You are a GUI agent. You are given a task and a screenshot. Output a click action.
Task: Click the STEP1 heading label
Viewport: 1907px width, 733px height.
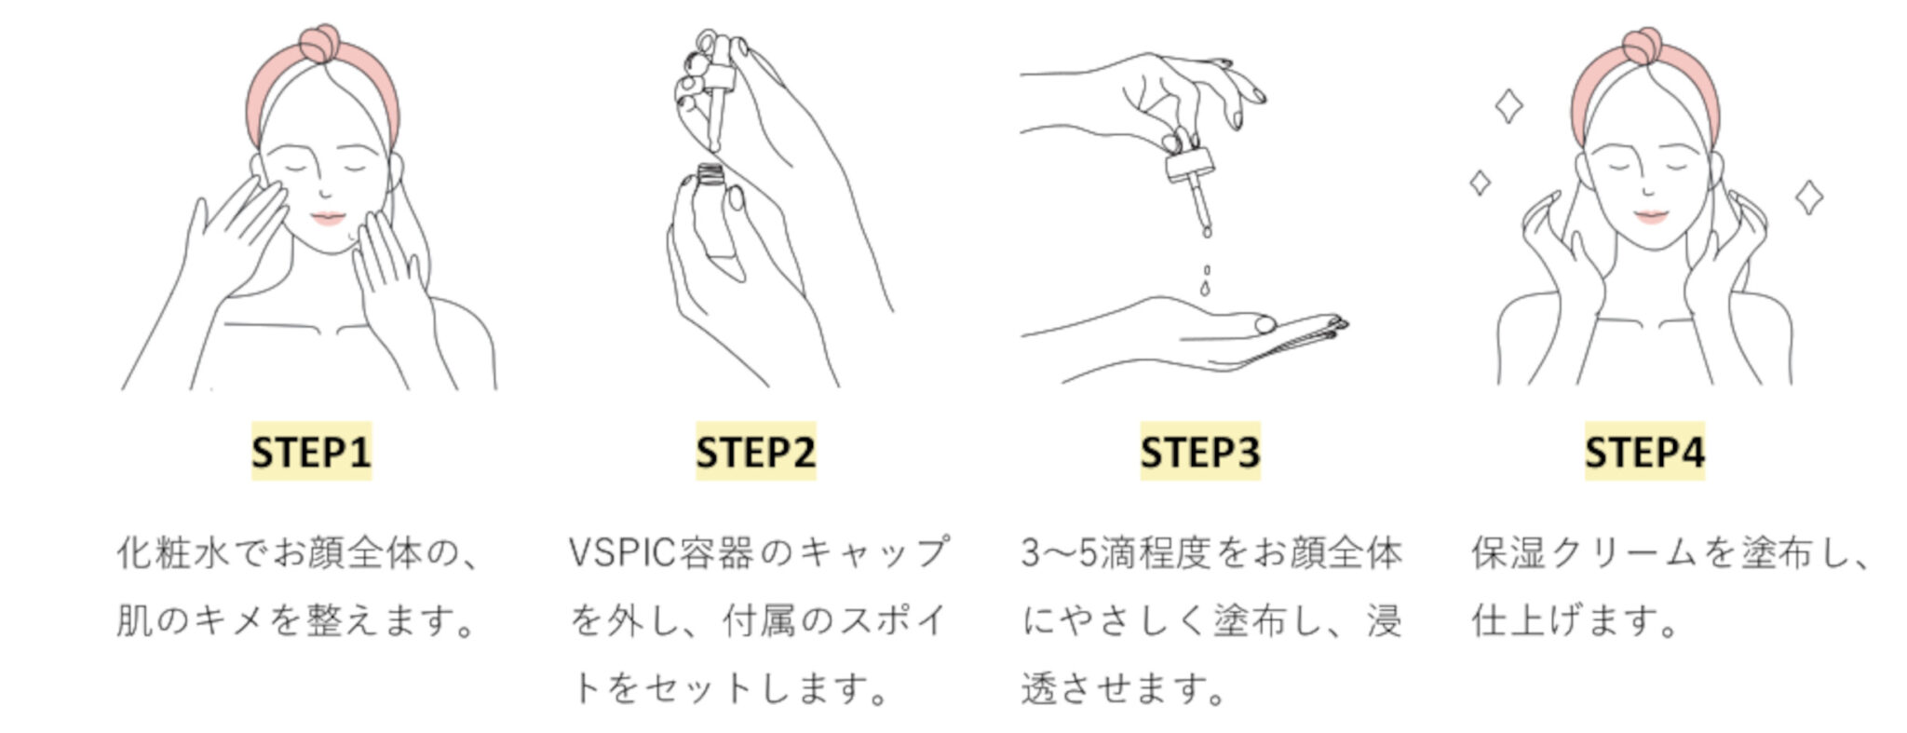(x=311, y=452)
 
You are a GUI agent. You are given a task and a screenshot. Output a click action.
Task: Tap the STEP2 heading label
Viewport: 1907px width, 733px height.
(x=755, y=452)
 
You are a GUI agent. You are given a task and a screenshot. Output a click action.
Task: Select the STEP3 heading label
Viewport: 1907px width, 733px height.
(x=1199, y=452)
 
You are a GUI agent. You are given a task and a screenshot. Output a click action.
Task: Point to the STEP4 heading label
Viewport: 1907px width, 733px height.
(x=1644, y=452)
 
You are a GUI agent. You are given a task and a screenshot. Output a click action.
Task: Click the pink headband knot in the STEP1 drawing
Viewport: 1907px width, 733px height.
(x=318, y=43)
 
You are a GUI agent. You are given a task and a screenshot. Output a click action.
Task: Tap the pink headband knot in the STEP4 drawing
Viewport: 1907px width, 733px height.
(x=1643, y=45)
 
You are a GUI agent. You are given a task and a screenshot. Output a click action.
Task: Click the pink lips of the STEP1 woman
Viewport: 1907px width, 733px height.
(x=328, y=218)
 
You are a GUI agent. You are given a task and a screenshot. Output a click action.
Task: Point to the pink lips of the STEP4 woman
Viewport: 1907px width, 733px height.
(x=1649, y=217)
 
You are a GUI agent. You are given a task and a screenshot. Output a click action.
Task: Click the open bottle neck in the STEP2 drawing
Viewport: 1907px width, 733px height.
(x=710, y=174)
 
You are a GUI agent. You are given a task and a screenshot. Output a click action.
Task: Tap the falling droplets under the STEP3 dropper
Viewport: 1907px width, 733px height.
(x=1206, y=278)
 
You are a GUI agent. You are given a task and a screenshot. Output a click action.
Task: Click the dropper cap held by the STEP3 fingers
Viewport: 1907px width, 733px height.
(x=1189, y=167)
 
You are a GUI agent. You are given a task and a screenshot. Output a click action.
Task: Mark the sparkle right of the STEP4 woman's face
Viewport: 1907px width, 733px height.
(x=1808, y=197)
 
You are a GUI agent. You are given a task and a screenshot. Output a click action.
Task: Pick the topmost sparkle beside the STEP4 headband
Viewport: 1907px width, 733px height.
(x=1508, y=106)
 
